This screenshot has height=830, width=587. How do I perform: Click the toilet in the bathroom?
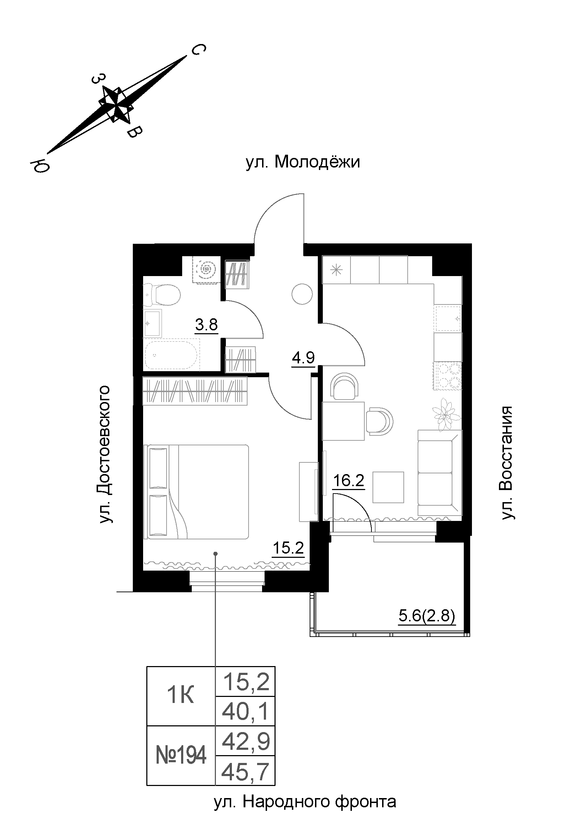[163, 294]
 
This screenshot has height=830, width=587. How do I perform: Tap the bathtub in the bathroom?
[172, 354]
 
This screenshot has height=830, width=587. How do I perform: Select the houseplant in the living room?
[444, 413]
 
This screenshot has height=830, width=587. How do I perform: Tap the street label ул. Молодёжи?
[303, 162]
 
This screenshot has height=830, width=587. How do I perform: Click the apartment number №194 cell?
[181, 755]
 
